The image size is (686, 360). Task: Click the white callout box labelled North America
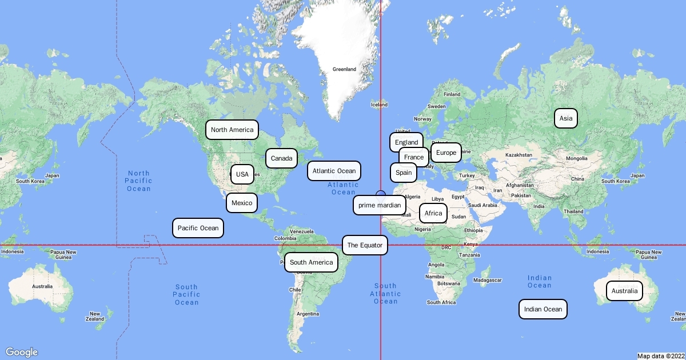tap(232, 130)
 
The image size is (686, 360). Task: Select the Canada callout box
tap(281, 158)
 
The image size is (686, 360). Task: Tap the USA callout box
tap(242, 174)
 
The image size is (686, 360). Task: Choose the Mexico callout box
tap(242, 203)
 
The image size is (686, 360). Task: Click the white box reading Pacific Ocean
tap(198, 228)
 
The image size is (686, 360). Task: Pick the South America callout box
tap(311, 262)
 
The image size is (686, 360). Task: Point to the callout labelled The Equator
tap(365, 245)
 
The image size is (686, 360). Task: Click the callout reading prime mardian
tap(380, 205)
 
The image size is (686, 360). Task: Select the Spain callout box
tap(403, 172)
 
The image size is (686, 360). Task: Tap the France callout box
tap(413, 157)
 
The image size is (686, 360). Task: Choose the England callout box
tap(406, 142)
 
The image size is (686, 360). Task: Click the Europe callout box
tap(446, 153)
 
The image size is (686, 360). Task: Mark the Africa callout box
tap(433, 213)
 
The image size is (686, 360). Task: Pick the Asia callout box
tap(566, 118)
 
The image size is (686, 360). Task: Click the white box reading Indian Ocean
tap(543, 309)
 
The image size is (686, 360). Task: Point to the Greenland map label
tap(344, 69)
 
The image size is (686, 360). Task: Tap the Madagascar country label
tap(488, 280)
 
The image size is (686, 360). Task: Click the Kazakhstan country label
tap(518, 155)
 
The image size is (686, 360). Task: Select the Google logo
tap(22, 352)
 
